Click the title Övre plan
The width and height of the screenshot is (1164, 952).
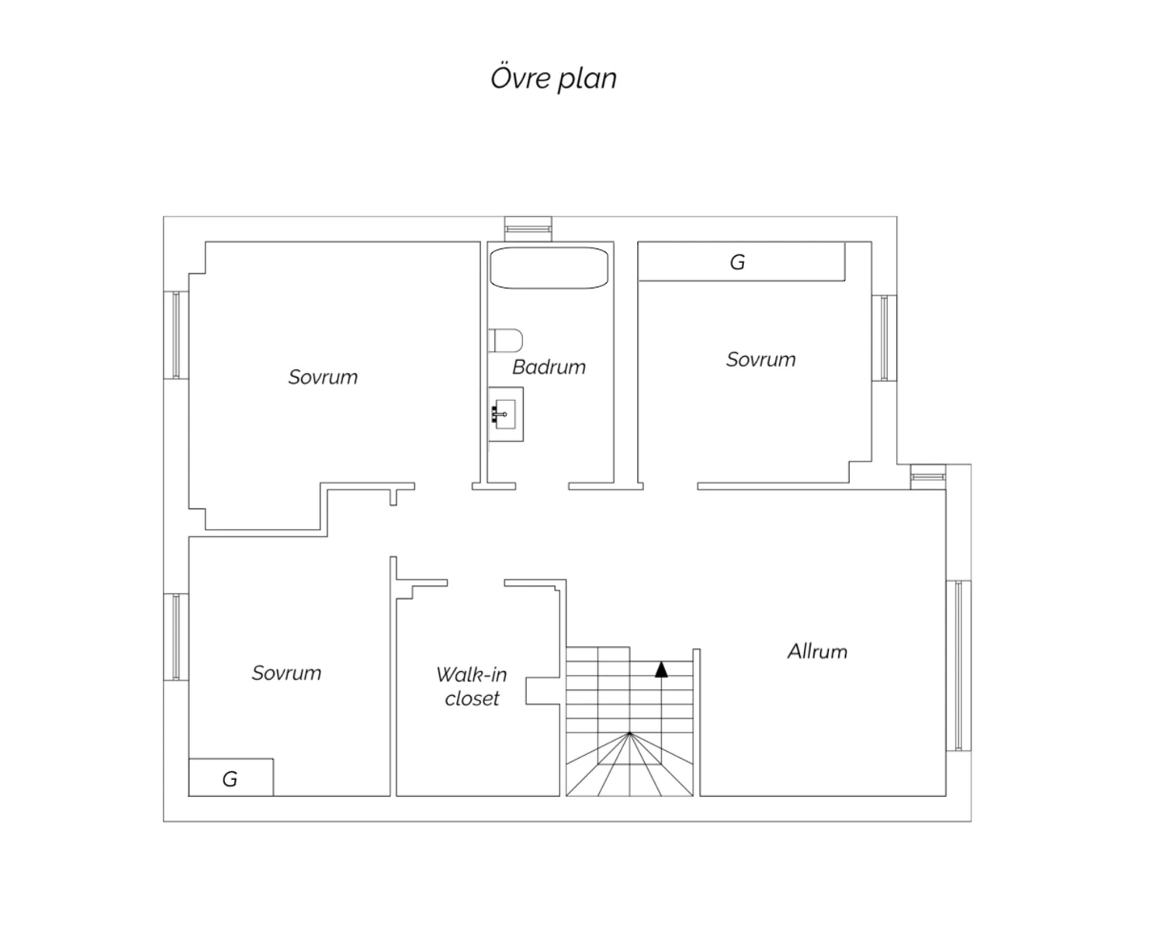553,78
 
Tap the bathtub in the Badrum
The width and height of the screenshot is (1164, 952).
549,268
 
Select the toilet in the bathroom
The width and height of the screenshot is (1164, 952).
505,341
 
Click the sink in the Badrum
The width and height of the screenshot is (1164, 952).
505,414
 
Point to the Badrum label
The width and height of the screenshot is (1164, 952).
549,367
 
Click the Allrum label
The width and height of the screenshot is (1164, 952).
817,651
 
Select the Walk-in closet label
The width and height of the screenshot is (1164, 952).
471,686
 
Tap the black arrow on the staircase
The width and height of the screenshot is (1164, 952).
661,670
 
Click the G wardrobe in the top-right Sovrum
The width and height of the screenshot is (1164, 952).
741,261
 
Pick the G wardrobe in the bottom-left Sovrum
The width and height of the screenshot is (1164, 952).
230,777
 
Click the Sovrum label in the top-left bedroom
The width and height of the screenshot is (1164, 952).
323,377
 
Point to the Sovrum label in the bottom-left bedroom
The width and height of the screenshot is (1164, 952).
286,673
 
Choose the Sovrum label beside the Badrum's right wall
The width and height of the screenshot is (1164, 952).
761,359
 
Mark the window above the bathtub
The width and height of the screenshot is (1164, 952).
528,228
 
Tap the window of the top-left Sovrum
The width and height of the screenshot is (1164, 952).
176,335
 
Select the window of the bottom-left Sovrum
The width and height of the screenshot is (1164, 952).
176,636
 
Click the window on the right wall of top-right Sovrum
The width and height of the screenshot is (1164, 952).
884,338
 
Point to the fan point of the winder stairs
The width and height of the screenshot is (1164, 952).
629,733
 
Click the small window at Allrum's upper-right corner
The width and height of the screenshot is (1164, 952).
928,477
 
